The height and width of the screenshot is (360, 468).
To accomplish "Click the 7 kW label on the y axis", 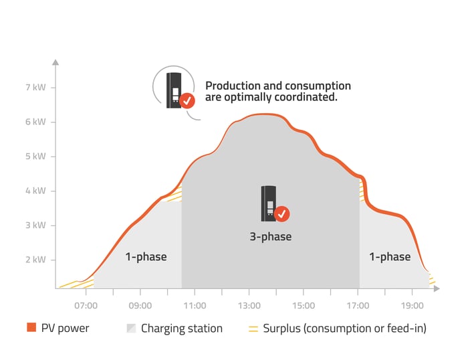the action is (x=35, y=87).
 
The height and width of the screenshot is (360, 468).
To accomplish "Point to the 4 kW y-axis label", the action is (x=35, y=191).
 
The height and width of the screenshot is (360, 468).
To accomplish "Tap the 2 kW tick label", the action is (x=35, y=260).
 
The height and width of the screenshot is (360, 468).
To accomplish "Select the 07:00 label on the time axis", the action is (x=86, y=306).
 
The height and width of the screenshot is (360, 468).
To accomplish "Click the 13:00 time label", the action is (x=249, y=306).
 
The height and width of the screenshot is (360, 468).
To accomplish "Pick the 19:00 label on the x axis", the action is (x=413, y=306).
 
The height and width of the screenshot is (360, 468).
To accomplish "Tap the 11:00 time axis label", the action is (x=195, y=306).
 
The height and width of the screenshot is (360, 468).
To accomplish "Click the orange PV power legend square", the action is (x=31, y=327).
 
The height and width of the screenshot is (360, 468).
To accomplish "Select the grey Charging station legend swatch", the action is (x=131, y=328).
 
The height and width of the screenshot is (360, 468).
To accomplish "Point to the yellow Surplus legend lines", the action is (x=253, y=329).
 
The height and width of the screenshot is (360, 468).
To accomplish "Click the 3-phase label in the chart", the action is (x=271, y=237).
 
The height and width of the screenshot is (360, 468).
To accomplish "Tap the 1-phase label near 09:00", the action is (x=146, y=257).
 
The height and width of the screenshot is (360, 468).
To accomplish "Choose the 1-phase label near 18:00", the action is (x=390, y=257).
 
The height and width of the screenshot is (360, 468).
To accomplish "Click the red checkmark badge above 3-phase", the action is (x=281, y=214).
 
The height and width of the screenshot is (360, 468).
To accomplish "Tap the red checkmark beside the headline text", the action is (x=187, y=100).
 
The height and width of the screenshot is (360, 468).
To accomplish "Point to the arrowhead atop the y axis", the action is (x=55, y=62).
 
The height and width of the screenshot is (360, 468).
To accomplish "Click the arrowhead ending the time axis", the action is (x=437, y=288).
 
